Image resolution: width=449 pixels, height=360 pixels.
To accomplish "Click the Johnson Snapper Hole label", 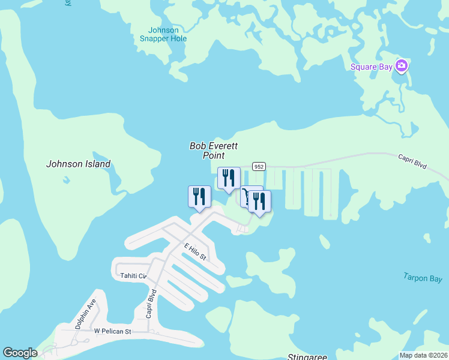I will pos(163,34).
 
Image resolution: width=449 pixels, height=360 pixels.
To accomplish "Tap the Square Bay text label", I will pos(372,67).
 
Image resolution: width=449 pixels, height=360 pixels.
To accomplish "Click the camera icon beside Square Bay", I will pos(402,66).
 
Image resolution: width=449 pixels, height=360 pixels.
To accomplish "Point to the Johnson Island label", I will pos(79,164).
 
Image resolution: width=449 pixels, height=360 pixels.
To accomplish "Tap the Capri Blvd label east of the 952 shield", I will pos(412,160).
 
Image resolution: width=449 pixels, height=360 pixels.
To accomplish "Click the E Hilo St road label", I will pos(195,251).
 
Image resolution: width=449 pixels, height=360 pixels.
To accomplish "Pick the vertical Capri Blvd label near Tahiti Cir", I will pos(152,304).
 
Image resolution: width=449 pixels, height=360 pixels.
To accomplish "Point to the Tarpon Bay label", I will pos(423,278).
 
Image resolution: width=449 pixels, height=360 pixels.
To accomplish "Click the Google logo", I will pos(20,353).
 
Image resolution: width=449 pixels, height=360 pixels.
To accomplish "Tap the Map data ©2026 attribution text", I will pos(423,355).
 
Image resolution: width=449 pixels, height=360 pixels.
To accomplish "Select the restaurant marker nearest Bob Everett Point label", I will pos(229,178).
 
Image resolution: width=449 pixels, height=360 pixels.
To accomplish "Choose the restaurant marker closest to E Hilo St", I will pos(199,197).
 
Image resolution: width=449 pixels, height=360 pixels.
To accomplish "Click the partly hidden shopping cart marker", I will pos(246,196).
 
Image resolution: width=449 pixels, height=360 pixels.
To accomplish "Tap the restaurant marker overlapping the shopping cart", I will pos(259,202).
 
